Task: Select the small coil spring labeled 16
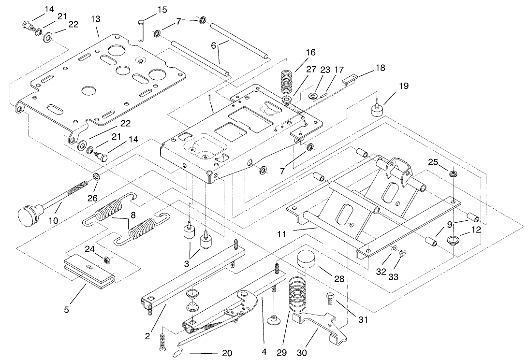coord(288,80)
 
